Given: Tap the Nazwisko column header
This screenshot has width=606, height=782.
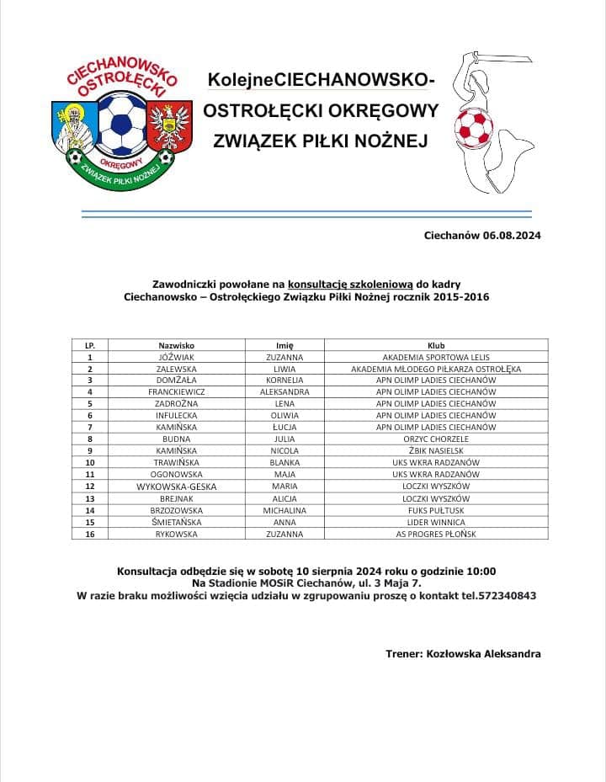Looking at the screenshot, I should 177,345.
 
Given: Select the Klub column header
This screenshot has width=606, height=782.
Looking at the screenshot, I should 436,345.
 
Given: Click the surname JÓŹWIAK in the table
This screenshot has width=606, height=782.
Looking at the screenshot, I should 177,357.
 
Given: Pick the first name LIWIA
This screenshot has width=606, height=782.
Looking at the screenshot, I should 284,369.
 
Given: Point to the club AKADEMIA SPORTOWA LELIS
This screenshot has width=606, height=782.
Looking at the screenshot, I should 436,357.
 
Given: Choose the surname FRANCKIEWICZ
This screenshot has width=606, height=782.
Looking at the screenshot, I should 177,392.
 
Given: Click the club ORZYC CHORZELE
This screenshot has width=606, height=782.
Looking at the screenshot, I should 436,439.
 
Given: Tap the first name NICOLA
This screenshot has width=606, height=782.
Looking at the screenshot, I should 284,450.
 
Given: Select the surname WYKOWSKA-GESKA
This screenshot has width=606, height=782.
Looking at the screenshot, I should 177,487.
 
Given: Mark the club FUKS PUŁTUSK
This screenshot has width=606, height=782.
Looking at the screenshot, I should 436,510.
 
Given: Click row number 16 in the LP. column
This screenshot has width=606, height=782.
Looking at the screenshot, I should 90,534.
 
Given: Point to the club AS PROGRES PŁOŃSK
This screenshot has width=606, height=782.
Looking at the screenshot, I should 436,534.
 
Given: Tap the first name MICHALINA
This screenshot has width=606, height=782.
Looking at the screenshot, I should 284,510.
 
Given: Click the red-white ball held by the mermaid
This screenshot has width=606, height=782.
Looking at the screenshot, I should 474,126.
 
